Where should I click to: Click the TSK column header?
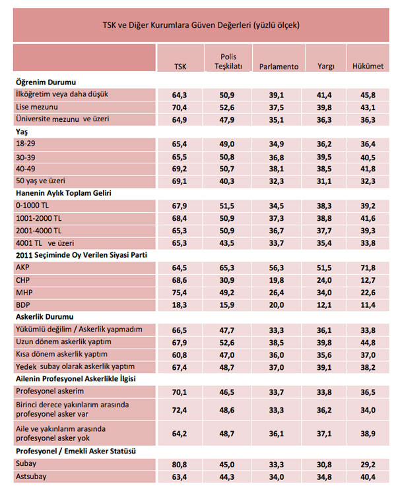tap(180, 67)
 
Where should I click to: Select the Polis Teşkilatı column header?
tap(228, 61)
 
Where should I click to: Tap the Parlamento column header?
tap(279, 67)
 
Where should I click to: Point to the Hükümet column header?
tap(368, 67)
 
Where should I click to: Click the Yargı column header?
tap(325, 67)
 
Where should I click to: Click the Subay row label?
tap(25, 464)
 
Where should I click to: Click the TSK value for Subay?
tap(180, 464)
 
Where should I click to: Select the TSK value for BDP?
tap(180, 305)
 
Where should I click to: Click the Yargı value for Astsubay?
tap(325, 476)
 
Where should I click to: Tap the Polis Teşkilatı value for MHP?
tap(228, 293)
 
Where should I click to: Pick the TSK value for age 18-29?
tap(180, 143)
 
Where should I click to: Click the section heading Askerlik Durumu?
tap(44, 316)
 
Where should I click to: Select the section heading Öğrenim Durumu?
tap(44, 82)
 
